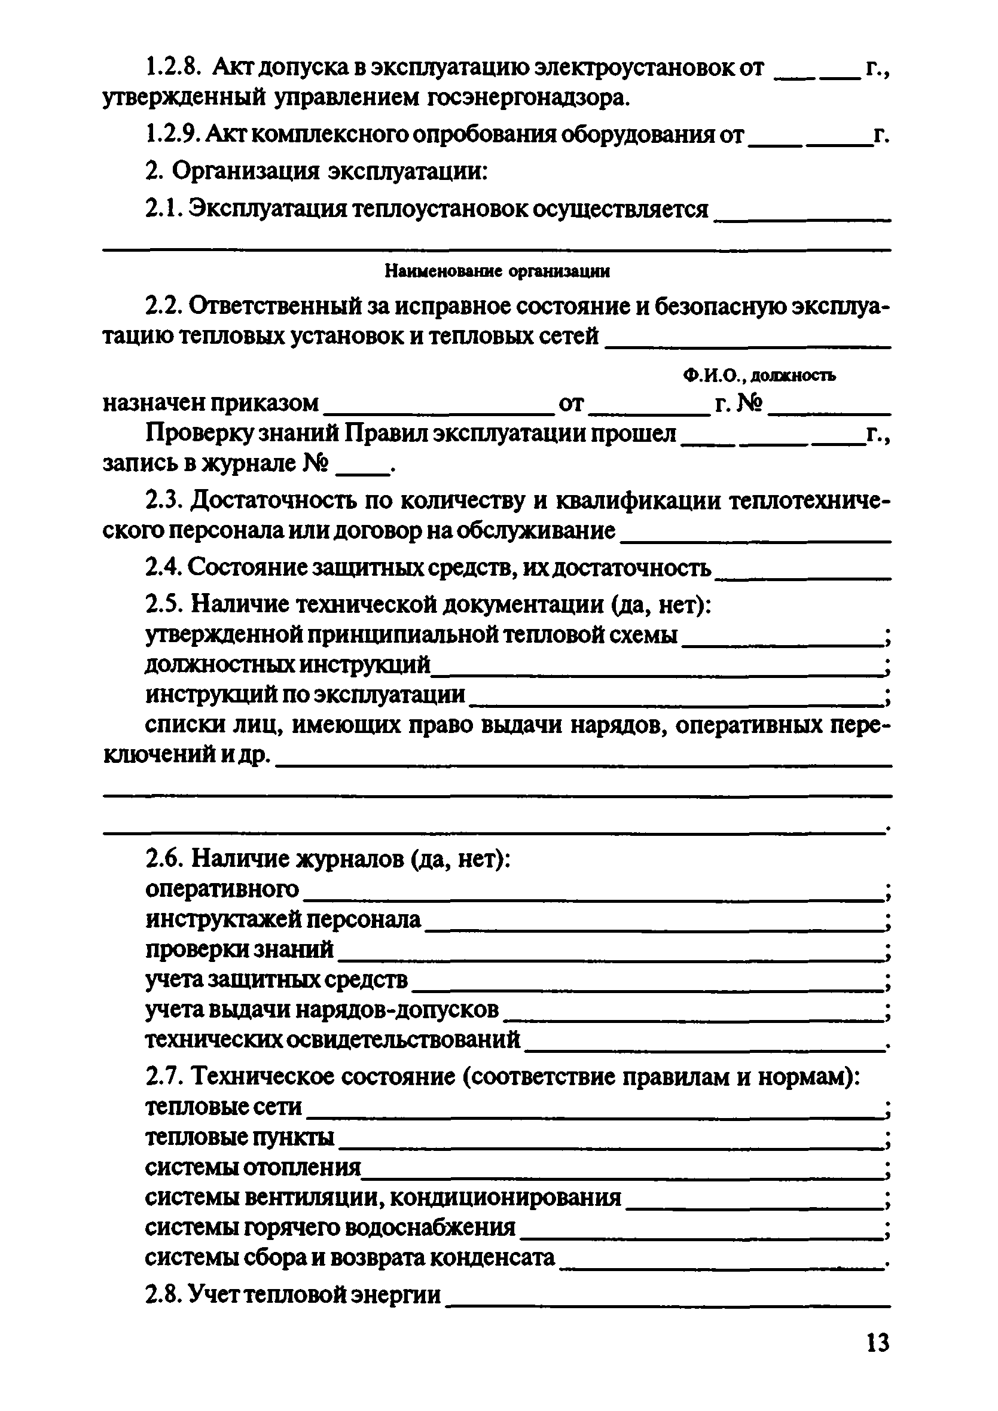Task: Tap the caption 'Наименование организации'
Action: [x=498, y=271]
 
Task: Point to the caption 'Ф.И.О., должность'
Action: [x=759, y=375]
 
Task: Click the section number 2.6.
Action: [x=165, y=859]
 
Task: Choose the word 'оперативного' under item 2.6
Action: [x=222, y=888]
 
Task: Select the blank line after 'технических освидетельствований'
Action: [x=704, y=1049]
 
